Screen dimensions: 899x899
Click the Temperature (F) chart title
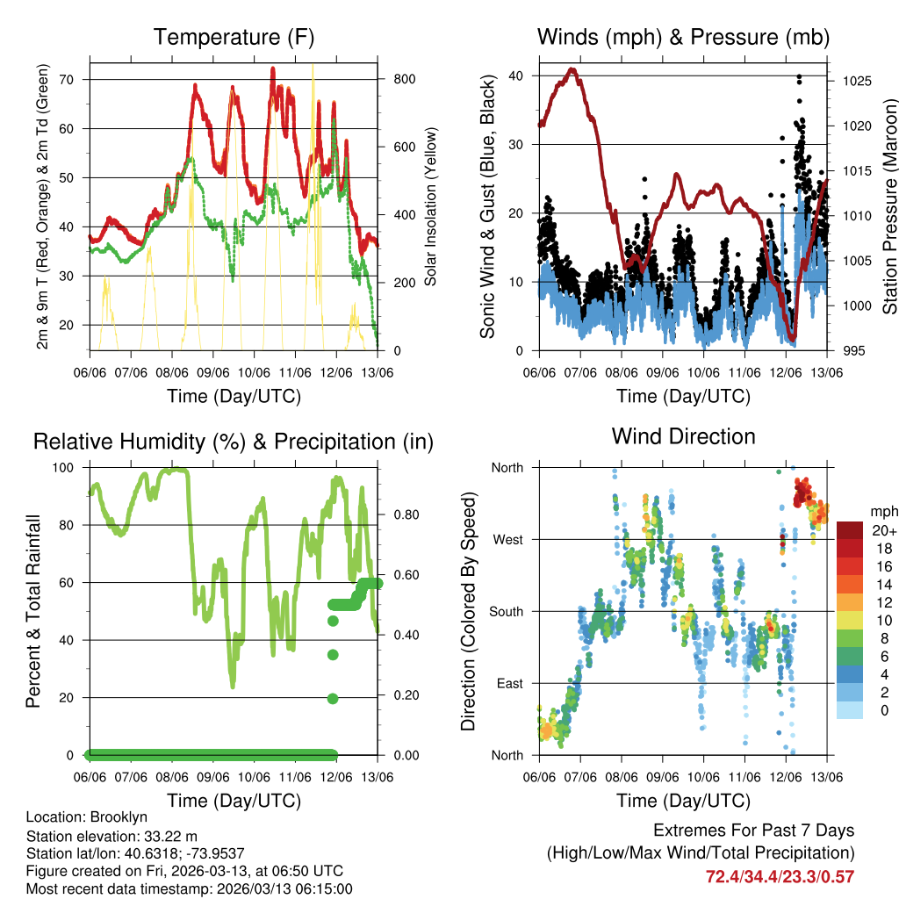[x=234, y=38]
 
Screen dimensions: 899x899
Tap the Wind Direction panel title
[x=683, y=436]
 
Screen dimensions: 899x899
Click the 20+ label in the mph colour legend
[x=882, y=530]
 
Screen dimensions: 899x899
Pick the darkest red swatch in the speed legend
[x=851, y=530]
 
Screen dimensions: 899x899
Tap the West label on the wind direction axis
[x=507, y=539]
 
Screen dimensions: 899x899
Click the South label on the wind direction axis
[x=505, y=611]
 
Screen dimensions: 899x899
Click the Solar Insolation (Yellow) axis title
[x=430, y=207]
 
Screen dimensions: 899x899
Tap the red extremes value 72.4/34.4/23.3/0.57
[x=780, y=876]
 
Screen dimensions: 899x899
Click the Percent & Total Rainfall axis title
[x=33, y=612]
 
